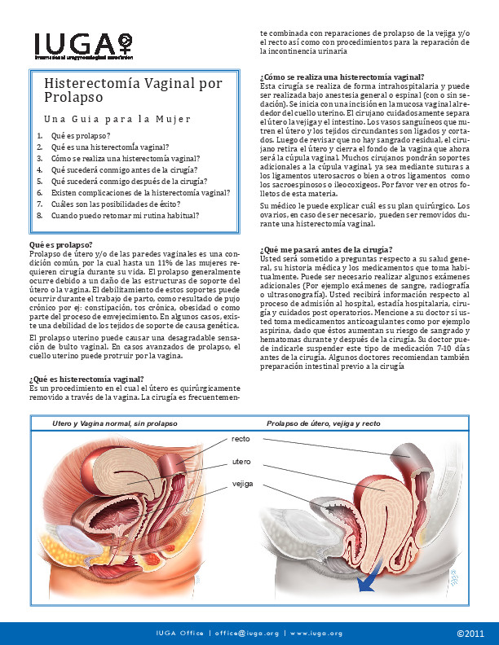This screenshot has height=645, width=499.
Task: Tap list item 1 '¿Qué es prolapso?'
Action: click(80, 135)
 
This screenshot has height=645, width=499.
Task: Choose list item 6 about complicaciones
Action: click(140, 193)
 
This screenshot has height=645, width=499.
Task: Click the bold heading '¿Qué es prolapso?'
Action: click(60, 244)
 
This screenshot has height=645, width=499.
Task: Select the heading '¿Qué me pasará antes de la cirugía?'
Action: click(325, 249)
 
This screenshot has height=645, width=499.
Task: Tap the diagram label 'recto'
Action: click(241, 438)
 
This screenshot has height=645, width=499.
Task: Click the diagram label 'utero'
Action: click(241, 462)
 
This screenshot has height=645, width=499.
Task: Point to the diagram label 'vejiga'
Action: click(242, 484)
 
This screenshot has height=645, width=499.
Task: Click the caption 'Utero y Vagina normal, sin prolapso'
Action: click(114, 424)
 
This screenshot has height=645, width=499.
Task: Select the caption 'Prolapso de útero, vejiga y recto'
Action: click(323, 424)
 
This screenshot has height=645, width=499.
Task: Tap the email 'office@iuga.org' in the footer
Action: click(246, 633)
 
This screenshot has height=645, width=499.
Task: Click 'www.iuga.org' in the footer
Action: click(316, 633)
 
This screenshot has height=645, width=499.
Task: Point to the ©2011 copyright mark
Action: click(470, 633)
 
